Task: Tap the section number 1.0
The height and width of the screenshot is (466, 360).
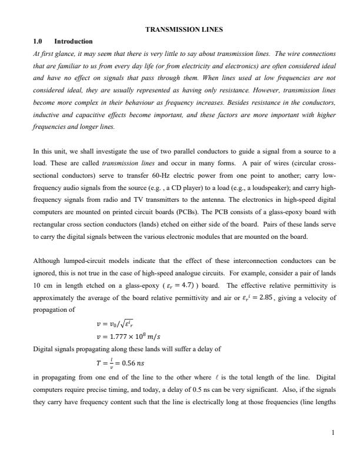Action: click(x=39, y=41)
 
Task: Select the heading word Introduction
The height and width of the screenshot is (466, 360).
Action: click(x=73, y=41)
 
